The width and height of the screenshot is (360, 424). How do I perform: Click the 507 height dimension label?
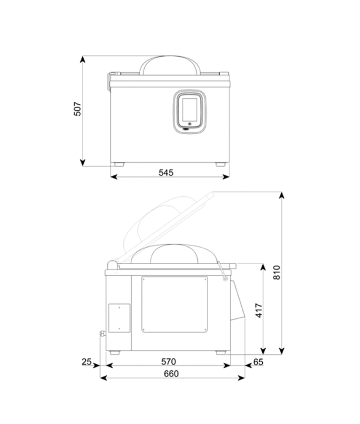point(77,109)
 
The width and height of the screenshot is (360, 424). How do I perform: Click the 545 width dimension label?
point(166,172)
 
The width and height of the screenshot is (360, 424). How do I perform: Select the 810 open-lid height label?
point(277,272)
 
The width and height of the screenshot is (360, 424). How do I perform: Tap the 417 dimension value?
point(259,311)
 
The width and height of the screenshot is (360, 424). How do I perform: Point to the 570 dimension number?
point(168,362)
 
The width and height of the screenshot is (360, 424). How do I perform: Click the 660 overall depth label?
point(171,374)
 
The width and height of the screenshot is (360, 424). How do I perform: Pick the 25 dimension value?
point(87,362)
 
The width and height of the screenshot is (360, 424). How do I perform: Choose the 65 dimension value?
point(258,362)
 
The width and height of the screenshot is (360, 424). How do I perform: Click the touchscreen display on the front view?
point(190,110)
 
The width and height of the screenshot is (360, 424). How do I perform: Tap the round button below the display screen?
point(190,124)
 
